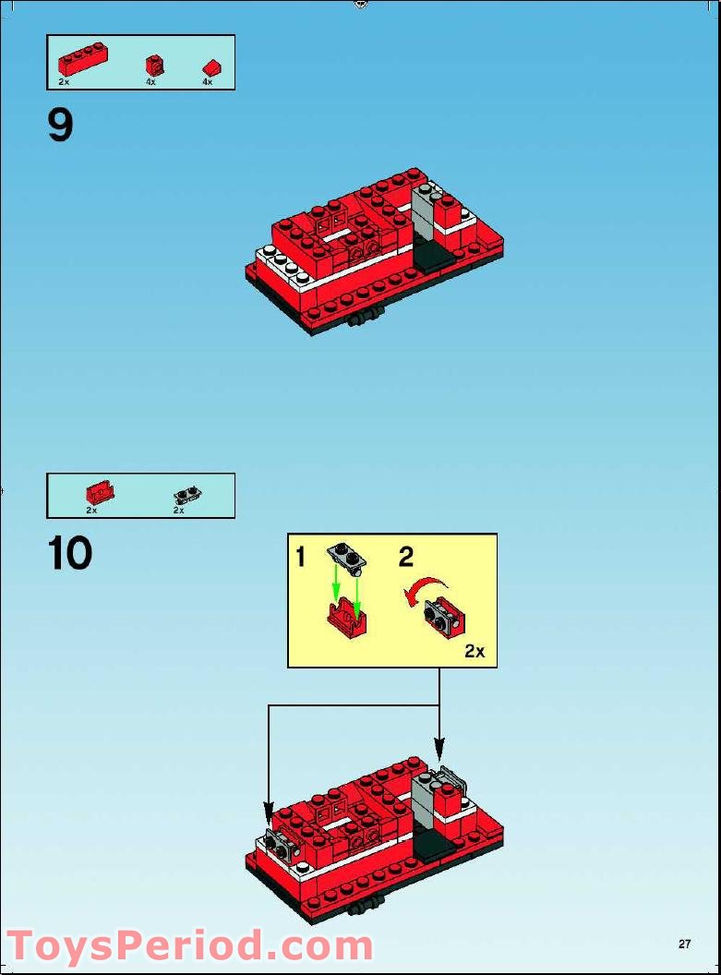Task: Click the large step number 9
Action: (x=60, y=125)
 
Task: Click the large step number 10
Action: (x=70, y=553)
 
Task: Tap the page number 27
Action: (x=684, y=944)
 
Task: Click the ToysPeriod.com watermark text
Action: (x=189, y=946)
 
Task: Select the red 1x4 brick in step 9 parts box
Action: (x=78, y=61)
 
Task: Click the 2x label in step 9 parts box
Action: (x=64, y=82)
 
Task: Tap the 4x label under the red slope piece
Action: (x=207, y=82)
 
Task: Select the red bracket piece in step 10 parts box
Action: (x=99, y=492)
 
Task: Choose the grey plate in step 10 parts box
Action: (x=186, y=493)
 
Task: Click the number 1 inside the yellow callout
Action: (x=300, y=557)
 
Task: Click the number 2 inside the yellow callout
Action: (x=406, y=557)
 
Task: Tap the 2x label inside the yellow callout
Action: (x=475, y=651)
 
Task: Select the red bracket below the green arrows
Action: (x=346, y=614)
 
